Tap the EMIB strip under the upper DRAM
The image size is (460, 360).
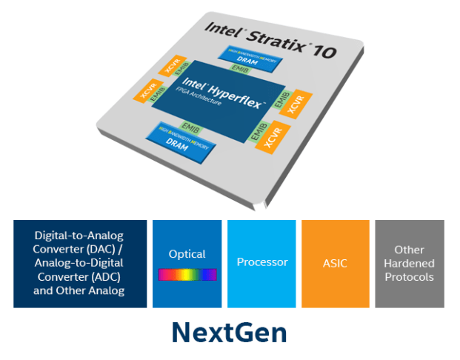pos(238,69)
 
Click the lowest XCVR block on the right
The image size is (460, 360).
pos(272,135)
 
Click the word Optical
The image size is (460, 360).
pos(187,254)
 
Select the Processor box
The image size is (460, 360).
pos(261,263)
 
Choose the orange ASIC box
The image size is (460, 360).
pos(335,263)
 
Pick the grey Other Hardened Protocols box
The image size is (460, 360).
pos(409,263)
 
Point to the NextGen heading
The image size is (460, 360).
pos(229,331)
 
